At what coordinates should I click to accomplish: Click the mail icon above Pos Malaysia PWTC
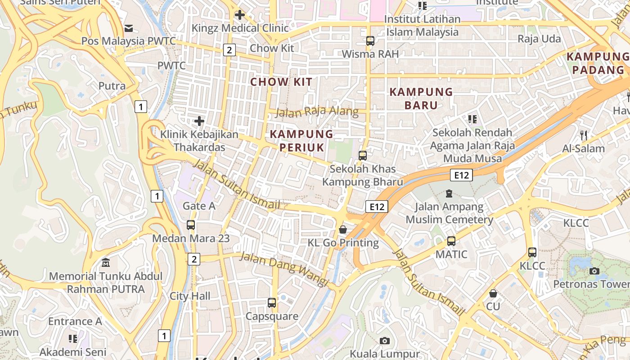click(129, 28)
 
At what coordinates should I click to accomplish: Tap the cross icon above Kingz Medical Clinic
click(240, 15)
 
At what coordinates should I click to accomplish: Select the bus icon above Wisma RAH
click(370, 41)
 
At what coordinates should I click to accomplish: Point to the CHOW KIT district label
click(281, 82)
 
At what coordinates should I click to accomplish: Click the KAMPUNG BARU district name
click(421, 99)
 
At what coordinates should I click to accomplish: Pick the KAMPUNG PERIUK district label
click(301, 141)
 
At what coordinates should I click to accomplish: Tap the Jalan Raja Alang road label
click(317, 112)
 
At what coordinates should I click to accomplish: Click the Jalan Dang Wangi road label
click(284, 269)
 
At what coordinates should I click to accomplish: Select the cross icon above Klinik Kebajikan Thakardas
click(199, 121)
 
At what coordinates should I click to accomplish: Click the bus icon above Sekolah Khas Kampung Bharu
click(363, 156)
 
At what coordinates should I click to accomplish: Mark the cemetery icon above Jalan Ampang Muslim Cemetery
click(449, 193)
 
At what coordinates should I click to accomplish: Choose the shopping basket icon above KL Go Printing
click(343, 229)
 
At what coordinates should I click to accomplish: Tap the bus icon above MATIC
click(451, 241)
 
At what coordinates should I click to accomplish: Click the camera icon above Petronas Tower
click(594, 271)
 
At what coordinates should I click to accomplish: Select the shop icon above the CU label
click(493, 293)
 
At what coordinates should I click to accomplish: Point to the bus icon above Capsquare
click(272, 303)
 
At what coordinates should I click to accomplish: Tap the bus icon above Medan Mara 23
click(191, 225)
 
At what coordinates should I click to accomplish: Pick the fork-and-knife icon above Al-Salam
click(584, 135)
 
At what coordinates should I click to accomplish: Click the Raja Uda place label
click(539, 39)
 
